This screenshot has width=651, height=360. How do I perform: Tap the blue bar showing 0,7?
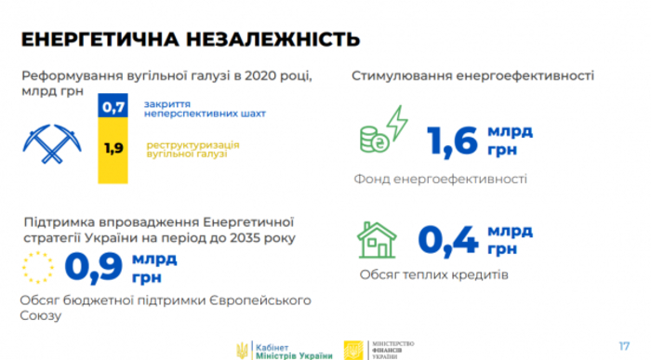pos(113,108)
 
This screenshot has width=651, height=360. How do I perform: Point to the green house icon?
pos(378,240)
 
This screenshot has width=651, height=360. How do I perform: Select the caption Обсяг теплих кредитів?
pos(432,275)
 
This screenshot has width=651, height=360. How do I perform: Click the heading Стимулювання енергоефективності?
pos(473,75)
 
